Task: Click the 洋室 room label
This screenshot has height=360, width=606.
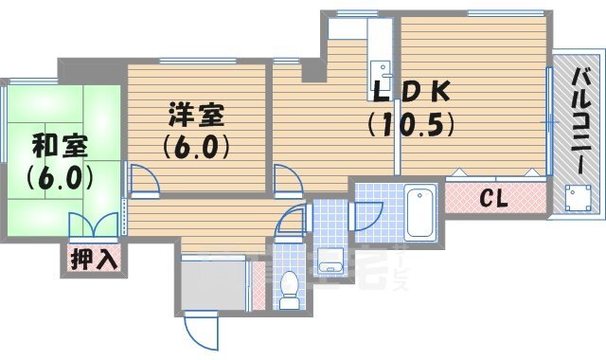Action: point(196,116)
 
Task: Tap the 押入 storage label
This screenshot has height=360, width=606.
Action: point(94,258)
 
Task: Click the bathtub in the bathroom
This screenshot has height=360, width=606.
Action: point(419,214)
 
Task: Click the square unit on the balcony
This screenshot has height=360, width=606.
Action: point(575,198)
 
